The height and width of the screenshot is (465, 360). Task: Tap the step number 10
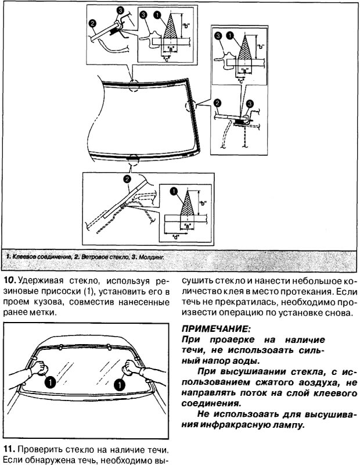click(x=11, y=280)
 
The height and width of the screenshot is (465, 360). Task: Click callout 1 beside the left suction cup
click(x=51, y=382)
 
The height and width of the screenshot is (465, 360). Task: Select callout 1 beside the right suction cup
click(x=120, y=384)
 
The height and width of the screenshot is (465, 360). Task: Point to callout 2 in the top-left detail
click(x=92, y=24)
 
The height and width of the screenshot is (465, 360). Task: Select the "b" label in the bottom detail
click(x=203, y=203)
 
